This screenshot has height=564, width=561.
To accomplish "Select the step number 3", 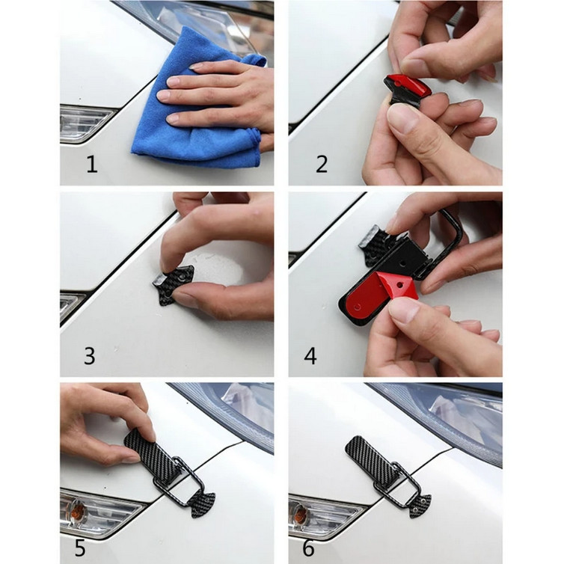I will [90, 355].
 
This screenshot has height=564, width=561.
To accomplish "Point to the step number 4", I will [310, 355].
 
